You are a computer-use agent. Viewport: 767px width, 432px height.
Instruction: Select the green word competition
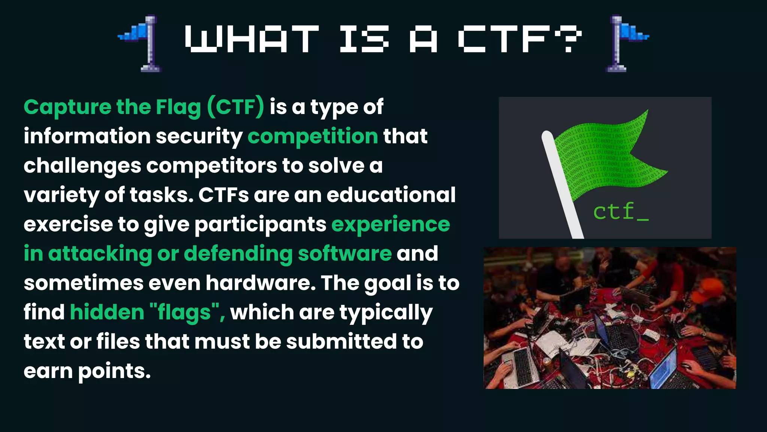tap(313, 136)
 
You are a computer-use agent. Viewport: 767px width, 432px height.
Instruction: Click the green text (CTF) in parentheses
tap(236, 107)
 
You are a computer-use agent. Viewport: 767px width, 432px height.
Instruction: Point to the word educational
tap(391, 195)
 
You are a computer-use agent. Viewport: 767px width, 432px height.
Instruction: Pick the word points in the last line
tap(114, 371)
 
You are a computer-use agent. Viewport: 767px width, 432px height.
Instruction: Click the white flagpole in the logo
tap(562, 184)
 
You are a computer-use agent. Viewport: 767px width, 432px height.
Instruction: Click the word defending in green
tap(238, 254)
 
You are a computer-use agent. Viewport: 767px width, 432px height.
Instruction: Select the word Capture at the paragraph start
tap(67, 107)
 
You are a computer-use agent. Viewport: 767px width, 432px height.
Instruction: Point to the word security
tap(199, 136)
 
